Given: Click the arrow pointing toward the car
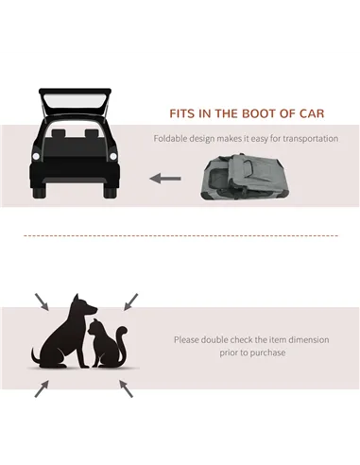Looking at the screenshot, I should [166, 177].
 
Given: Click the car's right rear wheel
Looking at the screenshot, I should [111, 192].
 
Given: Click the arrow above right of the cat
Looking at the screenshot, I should [129, 301].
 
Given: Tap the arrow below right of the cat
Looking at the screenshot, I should [129, 388].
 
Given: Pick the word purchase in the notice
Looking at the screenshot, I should [268, 353].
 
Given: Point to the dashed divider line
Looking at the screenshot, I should [180, 235].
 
